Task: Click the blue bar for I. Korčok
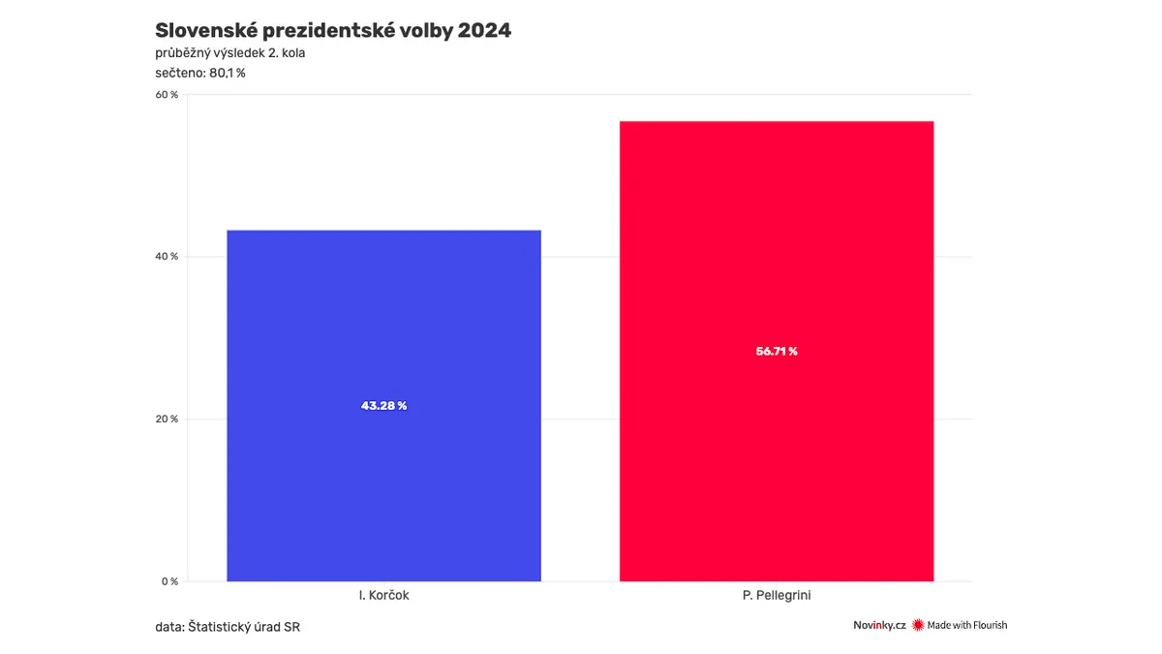(x=383, y=405)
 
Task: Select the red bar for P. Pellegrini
(x=777, y=351)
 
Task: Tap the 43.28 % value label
(x=383, y=405)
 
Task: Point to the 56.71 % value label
(x=777, y=352)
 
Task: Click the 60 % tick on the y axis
(x=167, y=95)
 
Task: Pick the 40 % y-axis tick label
(x=167, y=257)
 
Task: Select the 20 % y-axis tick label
(x=167, y=419)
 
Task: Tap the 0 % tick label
(x=169, y=581)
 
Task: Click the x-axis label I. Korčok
(x=383, y=595)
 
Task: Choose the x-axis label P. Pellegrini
(x=777, y=595)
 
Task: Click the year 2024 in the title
(x=484, y=31)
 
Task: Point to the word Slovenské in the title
(x=205, y=31)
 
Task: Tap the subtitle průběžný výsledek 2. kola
(x=229, y=53)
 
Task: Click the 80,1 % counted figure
(x=228, y=74)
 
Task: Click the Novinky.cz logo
(x=879, y=626)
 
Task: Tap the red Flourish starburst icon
(x=918, y=625)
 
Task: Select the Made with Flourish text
(x=967, y=625)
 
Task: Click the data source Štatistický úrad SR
(x=244, y=627)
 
